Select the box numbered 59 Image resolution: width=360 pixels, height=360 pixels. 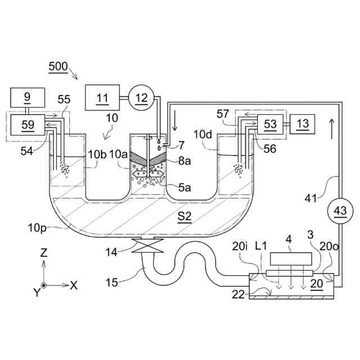click(x=28, y=124)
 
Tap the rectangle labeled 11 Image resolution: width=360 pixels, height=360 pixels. click(x=102, y=98)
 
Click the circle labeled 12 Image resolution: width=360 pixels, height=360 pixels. click(x=141, y=98)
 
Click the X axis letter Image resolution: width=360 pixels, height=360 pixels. click(x=73, y=285)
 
